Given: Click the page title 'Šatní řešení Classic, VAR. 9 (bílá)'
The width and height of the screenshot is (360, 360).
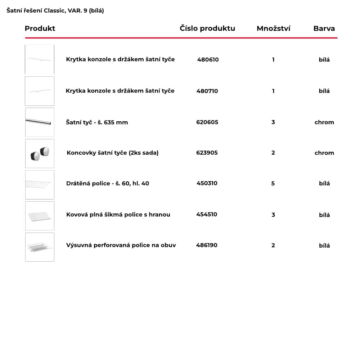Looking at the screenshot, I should click(55, 11).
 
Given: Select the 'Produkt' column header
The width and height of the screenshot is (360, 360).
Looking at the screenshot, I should click(40, 28).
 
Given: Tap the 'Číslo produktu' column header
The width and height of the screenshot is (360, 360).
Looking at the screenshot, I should click(207, 28).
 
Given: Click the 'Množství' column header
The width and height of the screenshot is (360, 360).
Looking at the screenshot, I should click(273, 28).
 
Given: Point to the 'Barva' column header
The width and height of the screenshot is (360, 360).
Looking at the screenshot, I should click(324, 28).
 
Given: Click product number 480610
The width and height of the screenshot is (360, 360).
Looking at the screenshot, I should click(208, 60).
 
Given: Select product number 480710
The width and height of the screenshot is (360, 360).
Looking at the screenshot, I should click(207, 91).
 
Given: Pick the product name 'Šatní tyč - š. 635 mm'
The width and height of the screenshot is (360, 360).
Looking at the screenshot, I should click(97, 122).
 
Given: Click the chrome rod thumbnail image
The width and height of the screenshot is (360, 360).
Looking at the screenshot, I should click(40, 122).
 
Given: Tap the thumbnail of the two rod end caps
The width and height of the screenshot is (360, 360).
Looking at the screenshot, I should click(40, 153).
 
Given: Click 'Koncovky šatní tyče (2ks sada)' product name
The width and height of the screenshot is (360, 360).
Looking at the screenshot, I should click(112, 153).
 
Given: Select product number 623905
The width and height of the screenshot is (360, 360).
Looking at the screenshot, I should click(207, 153).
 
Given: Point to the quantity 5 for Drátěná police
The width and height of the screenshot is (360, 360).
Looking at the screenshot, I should click(273, 183).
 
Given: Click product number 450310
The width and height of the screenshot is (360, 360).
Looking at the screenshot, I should click(207, 183).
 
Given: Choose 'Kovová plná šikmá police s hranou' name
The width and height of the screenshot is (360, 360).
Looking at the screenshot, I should click(118, 215).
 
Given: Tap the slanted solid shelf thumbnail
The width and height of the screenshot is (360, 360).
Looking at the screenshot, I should click(40, 216).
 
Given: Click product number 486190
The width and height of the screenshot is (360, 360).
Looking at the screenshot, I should click(207, 245).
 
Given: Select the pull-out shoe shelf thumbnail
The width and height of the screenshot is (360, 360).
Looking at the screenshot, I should click(40, 247).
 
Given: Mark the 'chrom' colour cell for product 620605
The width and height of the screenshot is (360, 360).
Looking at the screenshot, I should click(324, 122).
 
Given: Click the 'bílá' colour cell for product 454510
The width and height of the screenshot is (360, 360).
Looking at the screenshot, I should click(324, 215).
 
